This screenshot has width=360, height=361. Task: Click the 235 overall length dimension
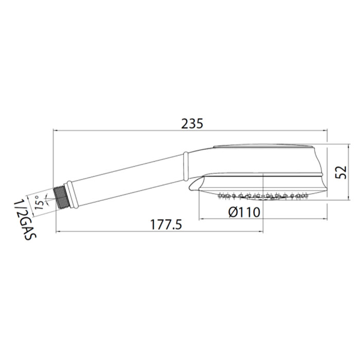pyautogui.click(x=192, y=124)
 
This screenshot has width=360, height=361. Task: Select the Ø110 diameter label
pyautogui.click(x=244, y=212)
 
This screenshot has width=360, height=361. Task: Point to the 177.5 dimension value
pyautogui.click(x=166, y=225)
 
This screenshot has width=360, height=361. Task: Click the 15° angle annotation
pyautogui.click(x=40, y=202)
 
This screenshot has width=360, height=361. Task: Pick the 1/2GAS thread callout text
pyautogui.click(x=25, y=220)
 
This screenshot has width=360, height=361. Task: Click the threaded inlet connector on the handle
pyautogui.click(x=61, y=197)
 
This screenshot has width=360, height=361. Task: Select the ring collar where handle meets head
pyautogui.click(x=186, y=166)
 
